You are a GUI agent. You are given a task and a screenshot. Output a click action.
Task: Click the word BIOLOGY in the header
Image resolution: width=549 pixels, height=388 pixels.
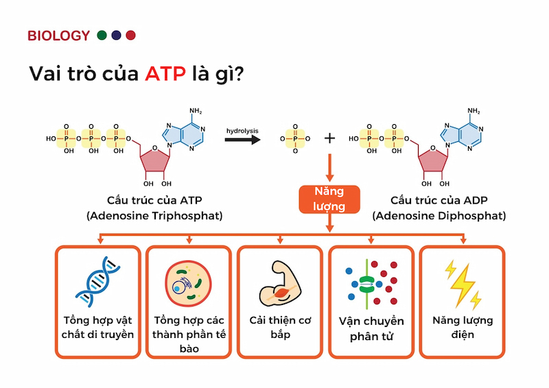tap(58, 36)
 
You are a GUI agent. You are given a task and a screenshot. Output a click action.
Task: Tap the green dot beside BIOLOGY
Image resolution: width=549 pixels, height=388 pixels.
tap(102, 35)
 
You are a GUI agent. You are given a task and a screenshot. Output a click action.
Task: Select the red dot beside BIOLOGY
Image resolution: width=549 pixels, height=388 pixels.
tap(130, 35)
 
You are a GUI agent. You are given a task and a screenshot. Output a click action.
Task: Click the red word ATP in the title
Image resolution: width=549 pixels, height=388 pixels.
tap(165, 74)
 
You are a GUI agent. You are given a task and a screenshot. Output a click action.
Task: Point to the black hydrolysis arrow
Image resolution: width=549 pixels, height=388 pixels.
tap(242, 139)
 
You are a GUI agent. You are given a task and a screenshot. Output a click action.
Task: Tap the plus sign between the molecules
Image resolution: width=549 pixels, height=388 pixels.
tap(329, 138)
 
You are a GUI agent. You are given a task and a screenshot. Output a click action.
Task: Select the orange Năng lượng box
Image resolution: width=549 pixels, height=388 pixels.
tap(329, 198)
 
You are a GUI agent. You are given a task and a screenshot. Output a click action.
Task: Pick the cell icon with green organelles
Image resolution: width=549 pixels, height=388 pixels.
tap(188, 283)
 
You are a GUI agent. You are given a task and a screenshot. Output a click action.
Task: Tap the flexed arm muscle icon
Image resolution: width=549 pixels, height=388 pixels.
tap(279, 282)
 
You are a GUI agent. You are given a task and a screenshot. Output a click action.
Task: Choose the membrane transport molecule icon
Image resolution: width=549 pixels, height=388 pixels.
tap(371, 282)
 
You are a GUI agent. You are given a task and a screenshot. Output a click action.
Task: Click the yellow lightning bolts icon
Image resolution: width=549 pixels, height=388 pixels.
tap(462, 282)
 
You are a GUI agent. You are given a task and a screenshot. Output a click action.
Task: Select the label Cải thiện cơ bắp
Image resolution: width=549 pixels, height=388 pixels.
tap(280, 328)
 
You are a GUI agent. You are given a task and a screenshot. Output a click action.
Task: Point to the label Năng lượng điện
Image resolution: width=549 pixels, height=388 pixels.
tap(462, 328)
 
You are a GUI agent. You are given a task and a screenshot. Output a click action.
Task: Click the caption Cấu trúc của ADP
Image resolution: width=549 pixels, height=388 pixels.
tap(439, 200)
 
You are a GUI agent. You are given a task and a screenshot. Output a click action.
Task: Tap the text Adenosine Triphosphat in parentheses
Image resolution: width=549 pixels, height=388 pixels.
tap(154, 215)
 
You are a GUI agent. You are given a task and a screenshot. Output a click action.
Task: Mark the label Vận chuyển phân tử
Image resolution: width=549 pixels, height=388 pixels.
tap(371, 328)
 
